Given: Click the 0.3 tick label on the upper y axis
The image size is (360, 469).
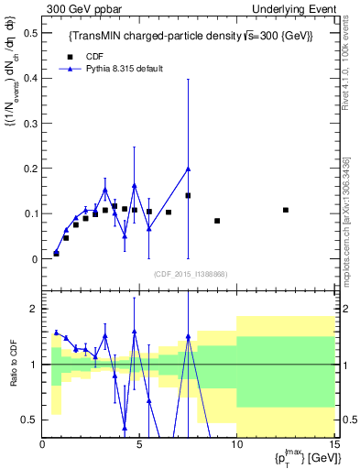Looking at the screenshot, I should (30, 124).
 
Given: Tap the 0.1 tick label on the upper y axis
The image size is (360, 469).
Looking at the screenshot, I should (30, 213).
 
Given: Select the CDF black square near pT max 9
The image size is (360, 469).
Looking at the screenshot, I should (217, 221).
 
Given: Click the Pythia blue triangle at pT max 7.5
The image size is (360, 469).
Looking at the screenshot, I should (188, 169).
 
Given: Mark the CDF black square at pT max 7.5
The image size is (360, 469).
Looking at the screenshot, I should (188, 195).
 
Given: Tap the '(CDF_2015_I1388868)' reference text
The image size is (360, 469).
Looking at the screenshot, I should (190, 273).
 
